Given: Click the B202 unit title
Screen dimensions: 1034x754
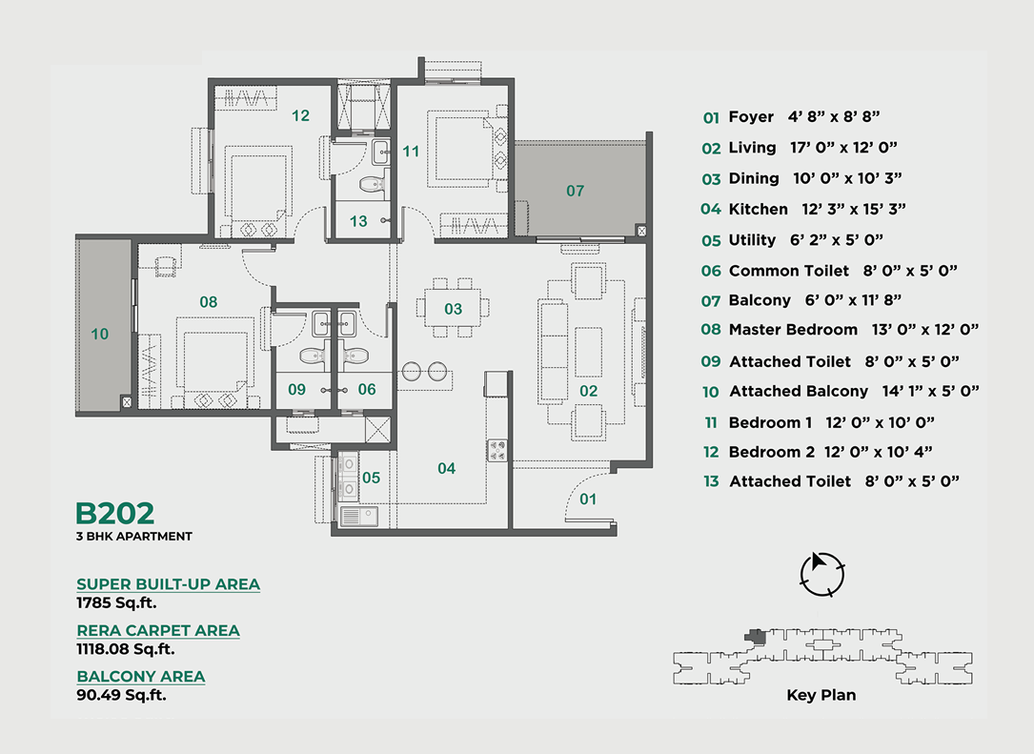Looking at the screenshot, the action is [x=114, y=513].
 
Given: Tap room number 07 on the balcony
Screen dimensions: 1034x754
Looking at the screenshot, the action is [x=575, y=191].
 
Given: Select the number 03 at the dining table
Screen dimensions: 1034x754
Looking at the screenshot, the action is [x=453, y=309].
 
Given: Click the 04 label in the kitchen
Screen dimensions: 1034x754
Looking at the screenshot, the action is [x=446, y=468].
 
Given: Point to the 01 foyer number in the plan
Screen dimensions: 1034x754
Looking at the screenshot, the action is [x=588, y=499].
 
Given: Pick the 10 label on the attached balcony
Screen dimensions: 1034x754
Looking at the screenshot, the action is [x=99, y=335].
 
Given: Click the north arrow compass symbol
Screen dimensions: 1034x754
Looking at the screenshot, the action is [x=821, y=574].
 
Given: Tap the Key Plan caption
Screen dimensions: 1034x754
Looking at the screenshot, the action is [x=821, y=695].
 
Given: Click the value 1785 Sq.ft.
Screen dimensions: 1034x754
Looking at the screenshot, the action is [x=116, y=603].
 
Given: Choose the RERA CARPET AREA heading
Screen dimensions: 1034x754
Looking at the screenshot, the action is [x=158, y=631].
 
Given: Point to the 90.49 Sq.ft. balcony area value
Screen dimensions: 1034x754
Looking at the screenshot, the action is [x=121, y=695].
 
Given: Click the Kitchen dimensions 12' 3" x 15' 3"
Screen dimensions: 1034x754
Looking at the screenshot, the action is [x=854, y=209].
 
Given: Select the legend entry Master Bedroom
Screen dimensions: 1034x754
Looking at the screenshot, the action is [x=793, y=329].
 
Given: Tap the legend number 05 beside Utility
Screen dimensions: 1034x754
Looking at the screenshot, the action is [x=711, y=241].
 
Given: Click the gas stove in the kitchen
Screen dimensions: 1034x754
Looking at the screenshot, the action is [x=497, y=451].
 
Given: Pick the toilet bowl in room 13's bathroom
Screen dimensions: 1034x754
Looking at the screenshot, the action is [x=373, y=182].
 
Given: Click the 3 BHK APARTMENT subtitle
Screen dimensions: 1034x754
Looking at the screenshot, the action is [x=133, y=537].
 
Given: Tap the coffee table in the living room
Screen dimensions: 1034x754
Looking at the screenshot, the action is [x=588, y=353].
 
